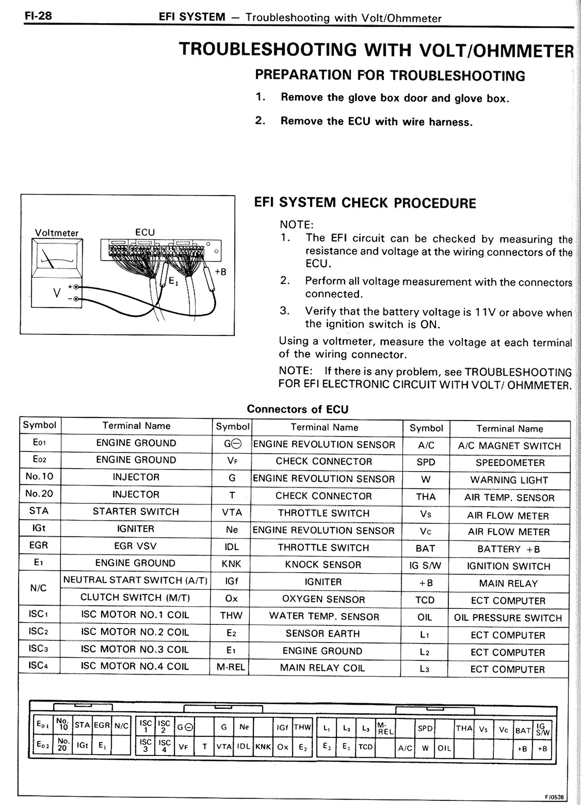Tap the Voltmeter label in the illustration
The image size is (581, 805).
(x=57, y=233)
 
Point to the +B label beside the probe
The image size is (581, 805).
(x=221, y=272)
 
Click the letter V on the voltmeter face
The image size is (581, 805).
(x=57, y=293)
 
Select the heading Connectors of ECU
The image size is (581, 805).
(x=297, y=409)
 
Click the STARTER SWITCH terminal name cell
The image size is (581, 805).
(x=136, y=511)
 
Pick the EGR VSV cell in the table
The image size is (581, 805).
(x=136, y=546)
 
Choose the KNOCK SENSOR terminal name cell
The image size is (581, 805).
(x=323, y=565)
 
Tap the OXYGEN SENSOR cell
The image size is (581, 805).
(x=323, y=599)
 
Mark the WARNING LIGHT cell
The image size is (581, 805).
(x=509, y=480)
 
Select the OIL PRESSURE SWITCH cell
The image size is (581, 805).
(x=508, y=618)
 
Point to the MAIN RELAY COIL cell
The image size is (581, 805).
(x=322, y=668)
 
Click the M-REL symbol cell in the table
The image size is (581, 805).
(x=231, y=668)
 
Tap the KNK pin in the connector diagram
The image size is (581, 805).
(x=263, y=746)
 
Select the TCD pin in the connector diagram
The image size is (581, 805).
(x=365, y=746)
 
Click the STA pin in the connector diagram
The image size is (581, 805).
(x=82, y=725)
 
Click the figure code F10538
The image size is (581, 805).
(x=554, y=797)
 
